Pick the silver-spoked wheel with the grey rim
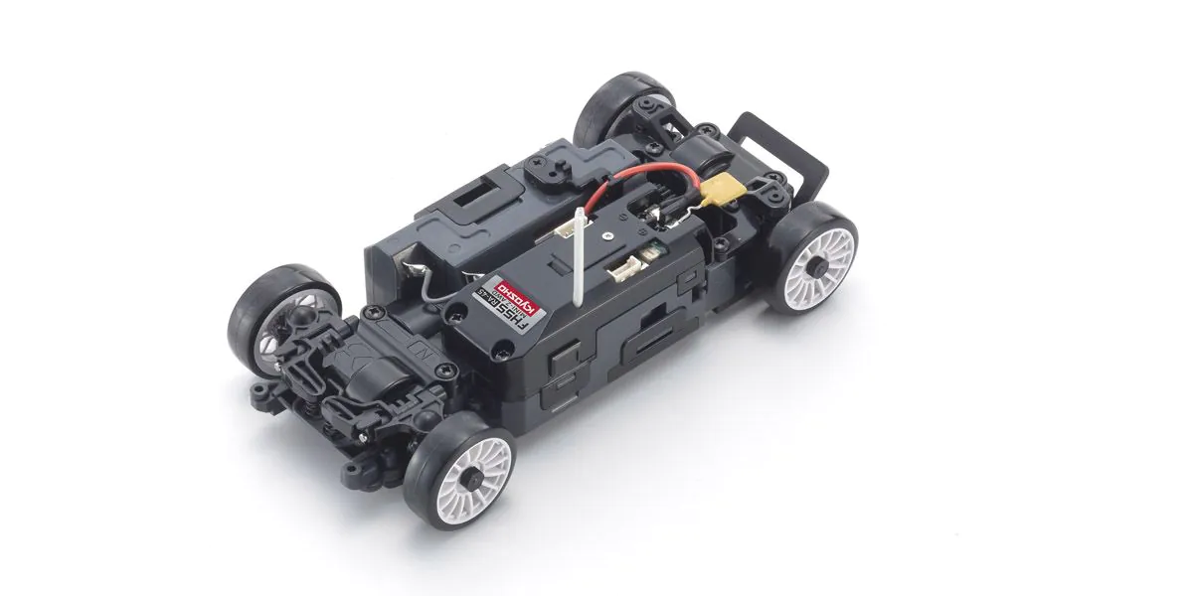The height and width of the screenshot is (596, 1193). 263,318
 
